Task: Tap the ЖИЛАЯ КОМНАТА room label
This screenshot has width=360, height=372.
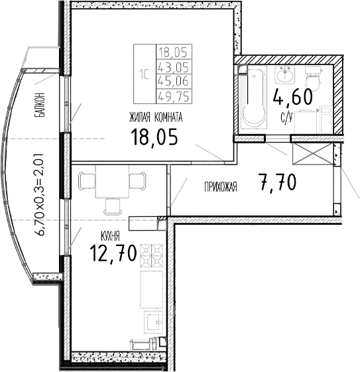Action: [156, 117]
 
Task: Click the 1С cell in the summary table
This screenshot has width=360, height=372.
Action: [144, 74]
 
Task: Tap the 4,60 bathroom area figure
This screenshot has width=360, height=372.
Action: [292, 97]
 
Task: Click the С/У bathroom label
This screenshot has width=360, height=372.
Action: [286, 118]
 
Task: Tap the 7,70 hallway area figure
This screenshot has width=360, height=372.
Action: [278, 182]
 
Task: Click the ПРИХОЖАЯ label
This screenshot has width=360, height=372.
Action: [220, 188]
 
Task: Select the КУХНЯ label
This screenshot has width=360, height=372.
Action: [110, 235]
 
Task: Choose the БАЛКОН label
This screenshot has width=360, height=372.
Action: [41, 105]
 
